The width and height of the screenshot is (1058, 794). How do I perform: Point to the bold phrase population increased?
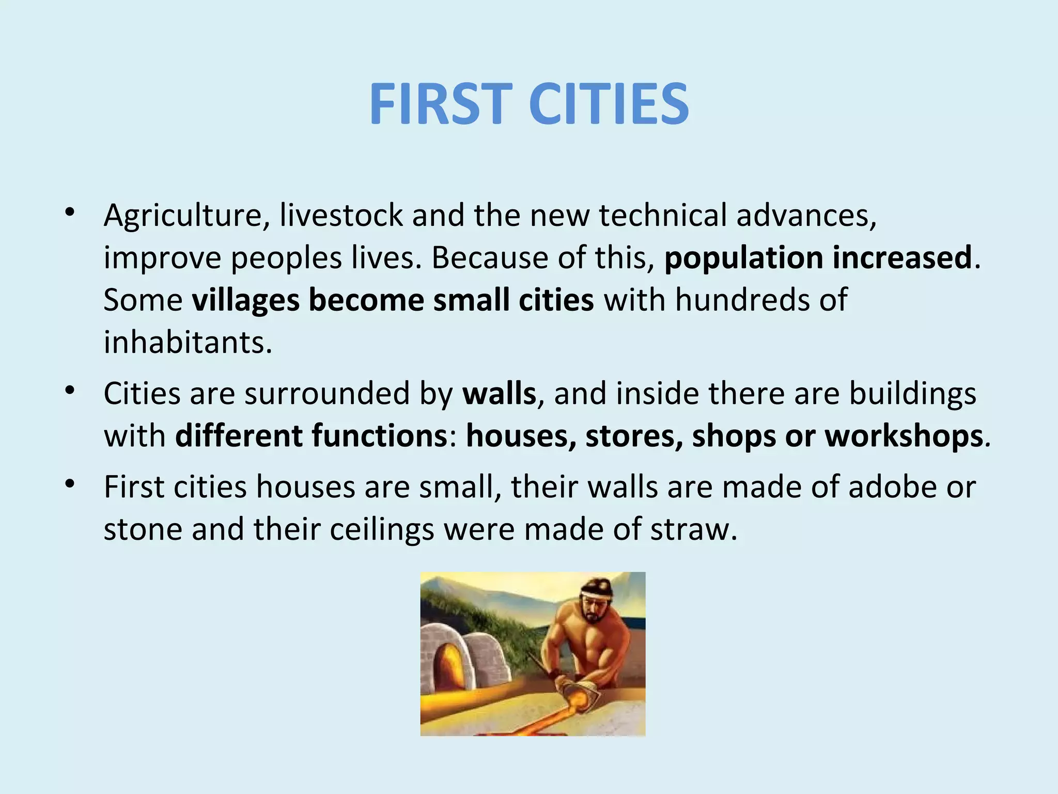(x=818, y=257)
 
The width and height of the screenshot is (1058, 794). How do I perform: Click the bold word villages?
(x=245, y=300)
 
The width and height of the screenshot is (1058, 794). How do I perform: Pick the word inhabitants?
(x=188, y=342)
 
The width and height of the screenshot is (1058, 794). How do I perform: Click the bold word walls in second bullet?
(x=499, y=393)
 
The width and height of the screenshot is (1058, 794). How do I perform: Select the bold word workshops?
(x=904, y=436)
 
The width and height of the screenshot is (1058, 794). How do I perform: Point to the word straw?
(x=693, y=529)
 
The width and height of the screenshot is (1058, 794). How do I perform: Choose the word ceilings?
(x=382, y=530)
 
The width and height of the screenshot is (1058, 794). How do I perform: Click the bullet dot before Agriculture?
(x=70, y=212)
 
